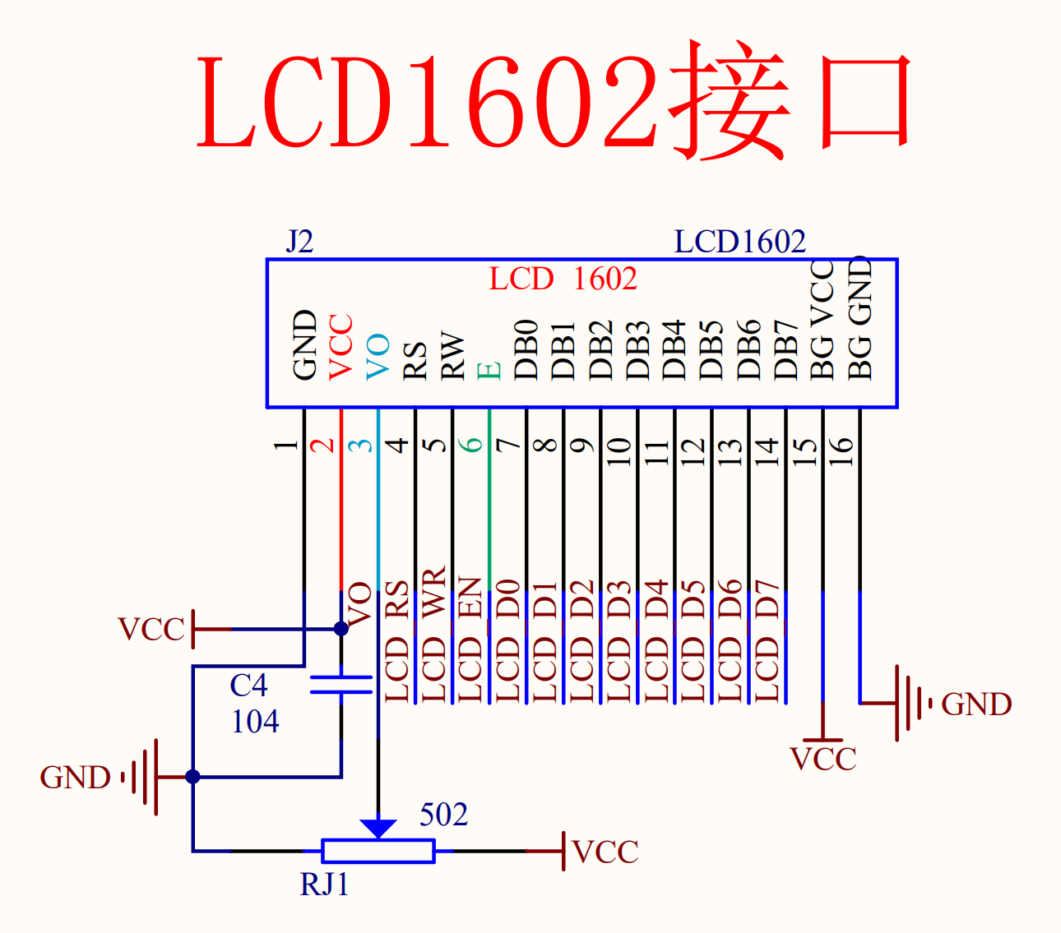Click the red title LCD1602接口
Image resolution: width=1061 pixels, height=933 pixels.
click(x=554, y=100)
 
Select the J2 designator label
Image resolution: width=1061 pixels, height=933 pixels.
click(x=299, y=242)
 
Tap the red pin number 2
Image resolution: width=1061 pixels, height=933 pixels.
click(x=322, y=445)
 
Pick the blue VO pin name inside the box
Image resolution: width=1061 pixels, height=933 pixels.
click(x=378, y=357)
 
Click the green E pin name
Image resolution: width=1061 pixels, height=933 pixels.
click(x=489, y=372)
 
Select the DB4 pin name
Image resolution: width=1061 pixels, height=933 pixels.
click(x=674, y=349)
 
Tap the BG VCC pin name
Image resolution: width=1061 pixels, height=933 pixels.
click(x=822, y=320)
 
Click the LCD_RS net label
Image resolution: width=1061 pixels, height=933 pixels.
click(x=396, y=641)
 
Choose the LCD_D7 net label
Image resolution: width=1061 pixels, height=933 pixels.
click(x=767, y=641)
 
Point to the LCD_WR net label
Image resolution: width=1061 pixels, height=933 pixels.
click(x=433, y=634)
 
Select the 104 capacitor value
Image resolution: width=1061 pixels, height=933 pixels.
click(x=255, y=722)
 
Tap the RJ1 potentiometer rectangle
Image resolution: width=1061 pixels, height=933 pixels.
click(x=378, y=851)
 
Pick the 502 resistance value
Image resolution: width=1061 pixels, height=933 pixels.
click(x=443, y=815)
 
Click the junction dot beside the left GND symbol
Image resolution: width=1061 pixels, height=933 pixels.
click(x=192, y=777)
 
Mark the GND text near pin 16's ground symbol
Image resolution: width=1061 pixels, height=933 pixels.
click(x=976, y=704)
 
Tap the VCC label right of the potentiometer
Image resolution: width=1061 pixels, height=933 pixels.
click(x=606, y=852)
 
